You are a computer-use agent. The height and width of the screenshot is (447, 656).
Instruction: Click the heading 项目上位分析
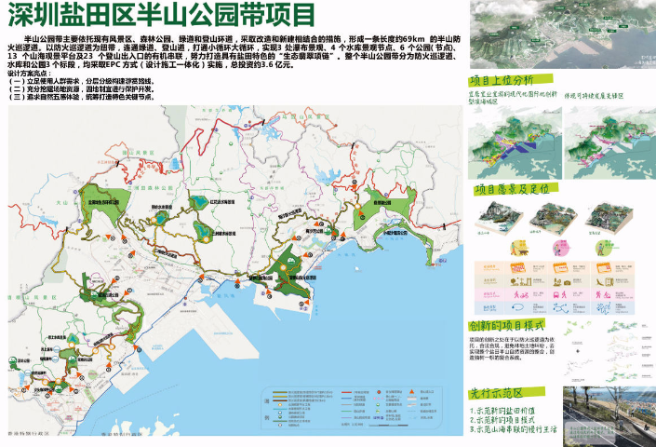pos(502,81)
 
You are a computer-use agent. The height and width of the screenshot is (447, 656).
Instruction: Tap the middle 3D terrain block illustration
pos(551,219)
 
